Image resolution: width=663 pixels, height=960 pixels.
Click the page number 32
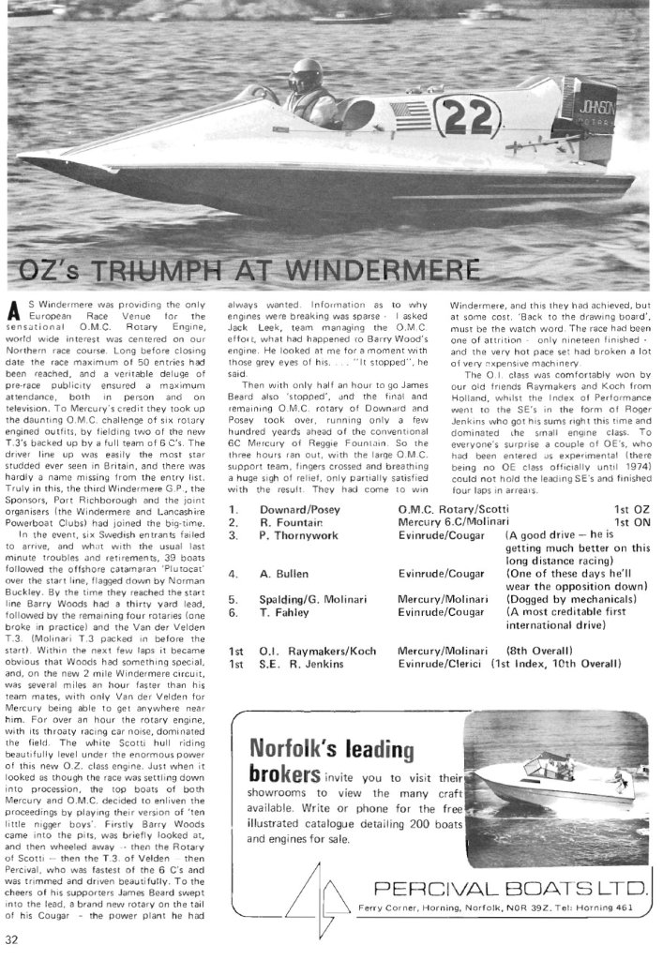12,940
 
